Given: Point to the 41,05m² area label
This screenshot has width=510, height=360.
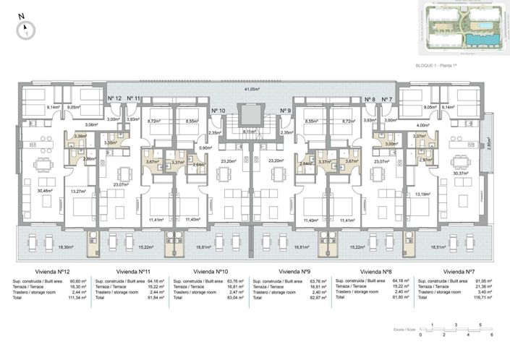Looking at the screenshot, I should [x=251, y=89].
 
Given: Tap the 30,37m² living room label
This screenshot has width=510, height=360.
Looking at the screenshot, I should [x=460, y=173].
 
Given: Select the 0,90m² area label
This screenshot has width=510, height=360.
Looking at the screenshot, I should [x=205, y=148].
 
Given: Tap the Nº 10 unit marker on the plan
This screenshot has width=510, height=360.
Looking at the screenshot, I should [x=218, y=111].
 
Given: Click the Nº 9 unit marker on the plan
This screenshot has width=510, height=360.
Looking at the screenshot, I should [x=285, y=111].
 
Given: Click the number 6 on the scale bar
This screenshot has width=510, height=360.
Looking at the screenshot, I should [x=490, y=335].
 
